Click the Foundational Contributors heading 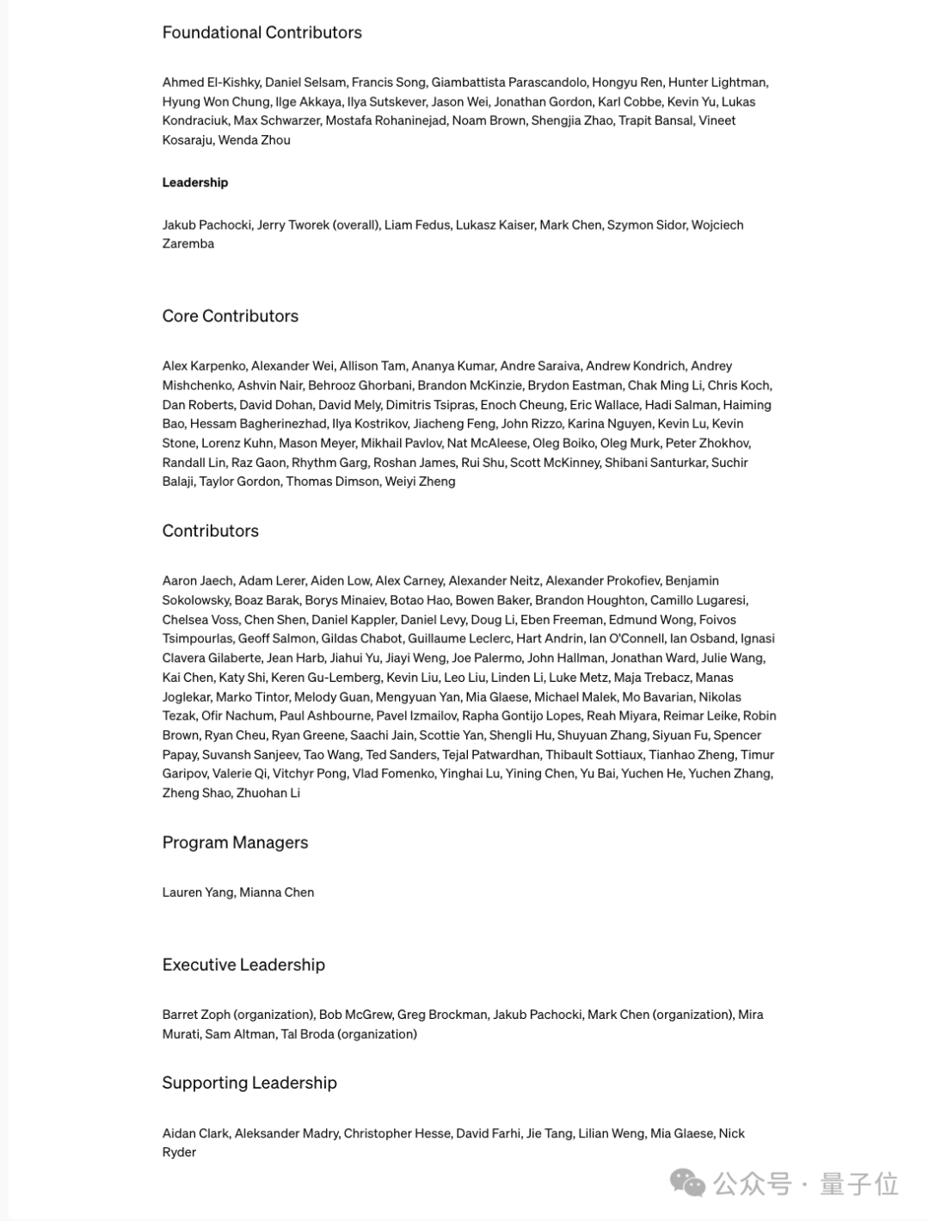tap(261, 33)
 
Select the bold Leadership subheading tap(195, 182)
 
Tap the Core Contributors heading tap(230, 316)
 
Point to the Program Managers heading tap(235, 843)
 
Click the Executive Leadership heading tap(243, 965)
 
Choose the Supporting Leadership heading tap(249, 1083)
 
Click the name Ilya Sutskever tap(386, 101)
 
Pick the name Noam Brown tap(489, 120)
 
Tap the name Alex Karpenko tap(204, 366)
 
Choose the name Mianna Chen tap(277, 893)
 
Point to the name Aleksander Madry tap(286, 1133)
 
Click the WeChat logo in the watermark tap(688, 1183)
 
